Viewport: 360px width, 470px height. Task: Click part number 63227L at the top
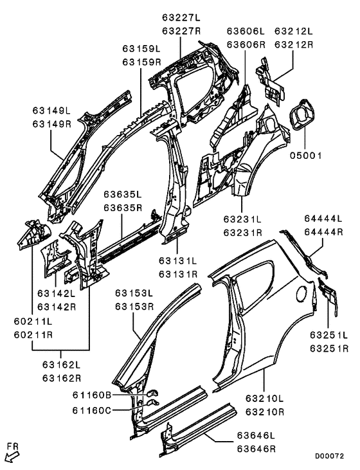click(182, 18)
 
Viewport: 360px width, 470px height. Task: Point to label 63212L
click(294, 30)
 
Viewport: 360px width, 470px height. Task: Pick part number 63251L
click(328, 335)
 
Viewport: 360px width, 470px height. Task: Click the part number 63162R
click(62, 378)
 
